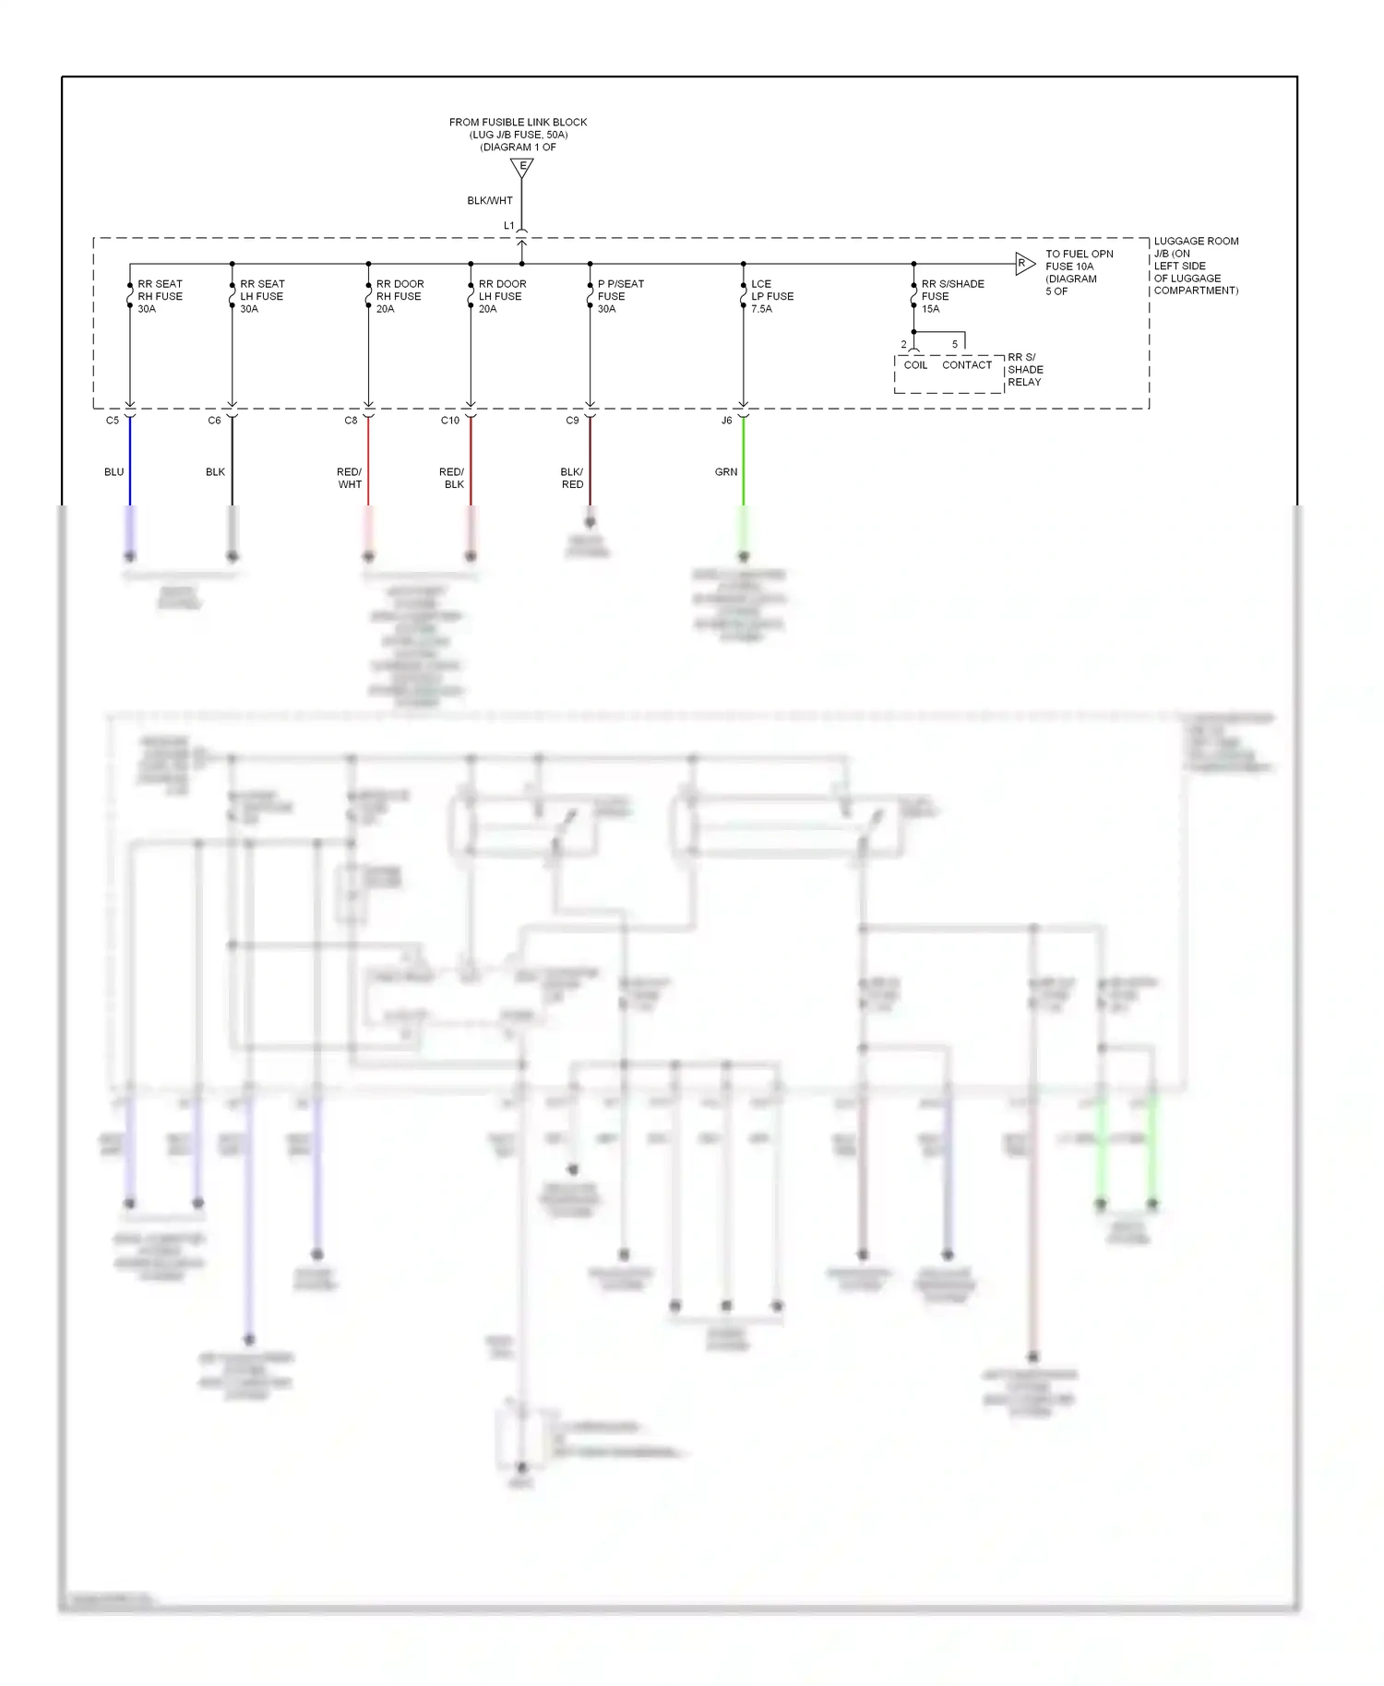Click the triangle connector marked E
(x=522, y=168)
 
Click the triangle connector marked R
(x=1024, y=264)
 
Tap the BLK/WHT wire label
(x=489, y=200)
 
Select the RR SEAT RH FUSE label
(x=160, y=296)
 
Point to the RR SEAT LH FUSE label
(x=262, y=296)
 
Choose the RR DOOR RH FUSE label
(x=400, y=296)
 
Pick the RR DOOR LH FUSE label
(x=502, y=296)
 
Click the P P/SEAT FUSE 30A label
(x=620, y=296)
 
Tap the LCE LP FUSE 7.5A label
(x=771, y=296)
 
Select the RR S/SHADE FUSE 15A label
(x=952, y=296)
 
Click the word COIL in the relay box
(x=915, y=365)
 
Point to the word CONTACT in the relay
(x=967, y=365)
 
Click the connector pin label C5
(x=113, y=421)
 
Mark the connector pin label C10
(x=449, y=421)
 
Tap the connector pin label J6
(x=727, y=421)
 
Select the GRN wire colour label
(x=726, y=472)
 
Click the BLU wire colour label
(x=113, y=472)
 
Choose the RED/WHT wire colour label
(x=350, y=478)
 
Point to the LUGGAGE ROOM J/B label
(x=1196, y=266)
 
